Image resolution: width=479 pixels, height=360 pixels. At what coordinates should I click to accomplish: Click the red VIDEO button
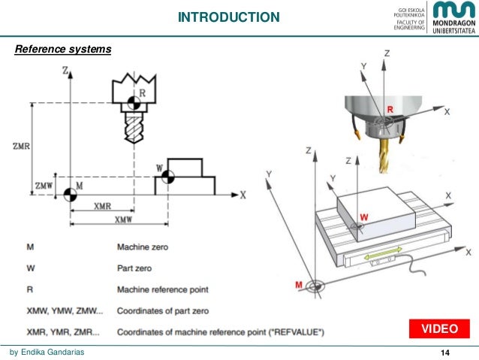(438, 328)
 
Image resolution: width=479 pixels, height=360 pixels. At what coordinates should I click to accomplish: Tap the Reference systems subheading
(63, 50)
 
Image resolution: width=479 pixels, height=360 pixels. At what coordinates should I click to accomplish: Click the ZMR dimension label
(21, 147)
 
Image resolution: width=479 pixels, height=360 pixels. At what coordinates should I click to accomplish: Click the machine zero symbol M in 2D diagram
(70, 194)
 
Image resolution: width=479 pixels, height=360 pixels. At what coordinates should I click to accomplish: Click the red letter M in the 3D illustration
(299, 285)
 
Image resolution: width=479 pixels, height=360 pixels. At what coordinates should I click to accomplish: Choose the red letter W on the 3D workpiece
(364, 217)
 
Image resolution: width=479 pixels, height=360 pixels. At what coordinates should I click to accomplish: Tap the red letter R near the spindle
(390, 110)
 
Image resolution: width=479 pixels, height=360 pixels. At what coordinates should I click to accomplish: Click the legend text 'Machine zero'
(142, 247)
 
